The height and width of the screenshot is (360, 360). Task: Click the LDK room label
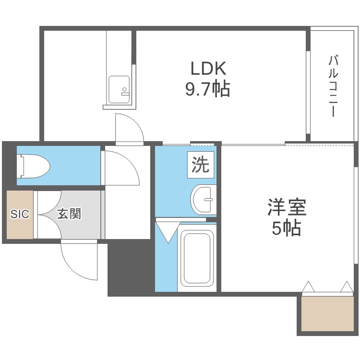point(208,69)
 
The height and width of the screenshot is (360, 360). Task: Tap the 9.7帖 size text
point(208,89)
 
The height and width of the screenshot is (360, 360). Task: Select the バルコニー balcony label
point(333,86)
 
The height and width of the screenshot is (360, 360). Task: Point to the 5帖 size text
point(287,229)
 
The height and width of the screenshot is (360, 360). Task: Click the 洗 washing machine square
point(201,165)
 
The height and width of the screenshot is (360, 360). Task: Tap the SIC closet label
point(20,214)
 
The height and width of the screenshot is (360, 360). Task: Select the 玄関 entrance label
point(69,214)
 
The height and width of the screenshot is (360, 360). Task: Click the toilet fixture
point(34,166)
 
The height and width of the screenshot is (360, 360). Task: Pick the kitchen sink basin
point(119,89)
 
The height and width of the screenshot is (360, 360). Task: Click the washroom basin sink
point(203,199)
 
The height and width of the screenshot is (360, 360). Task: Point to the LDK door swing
point(129,129)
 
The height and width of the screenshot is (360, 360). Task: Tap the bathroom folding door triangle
point(168,231)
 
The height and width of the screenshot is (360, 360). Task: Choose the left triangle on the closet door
point(308,287)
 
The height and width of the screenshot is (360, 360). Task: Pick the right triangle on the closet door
point(346,287)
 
